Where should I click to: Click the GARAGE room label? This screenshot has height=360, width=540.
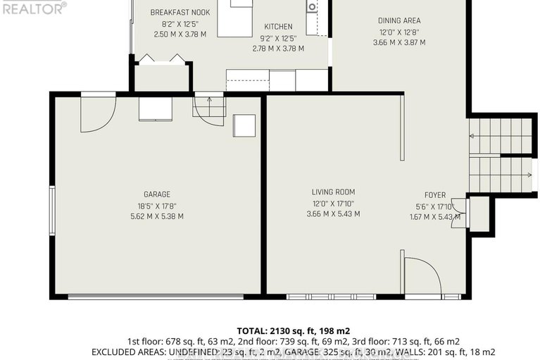pyautogui.click(x=157, y=194)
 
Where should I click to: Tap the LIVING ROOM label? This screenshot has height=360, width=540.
pyautogui.click(x=333, y=192)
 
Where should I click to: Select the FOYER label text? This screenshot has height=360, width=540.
pyautogui.click(x=434, y=195)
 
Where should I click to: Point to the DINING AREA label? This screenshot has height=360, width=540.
pyautogui.click(x=398, y=20)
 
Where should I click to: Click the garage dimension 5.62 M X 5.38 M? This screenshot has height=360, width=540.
pyautogui.click(x=157, y=216)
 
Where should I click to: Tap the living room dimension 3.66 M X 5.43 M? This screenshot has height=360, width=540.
pyautogui.click(x=333, y=213)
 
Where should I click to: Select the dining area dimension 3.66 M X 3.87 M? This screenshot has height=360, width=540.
pyautogui.click(x=398, y=42)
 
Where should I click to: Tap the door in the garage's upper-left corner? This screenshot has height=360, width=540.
pyautogui.click(x=97, y=113)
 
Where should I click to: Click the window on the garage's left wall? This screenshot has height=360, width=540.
pyautogui.click(x=51, y=209)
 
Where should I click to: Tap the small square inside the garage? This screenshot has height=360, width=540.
pyautogui.click(x=245, y=125)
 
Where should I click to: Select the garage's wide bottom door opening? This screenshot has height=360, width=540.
pyautogui.click(x=156, y=297)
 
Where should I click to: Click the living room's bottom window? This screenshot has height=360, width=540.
pyautogui.click(x=331, y=297)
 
